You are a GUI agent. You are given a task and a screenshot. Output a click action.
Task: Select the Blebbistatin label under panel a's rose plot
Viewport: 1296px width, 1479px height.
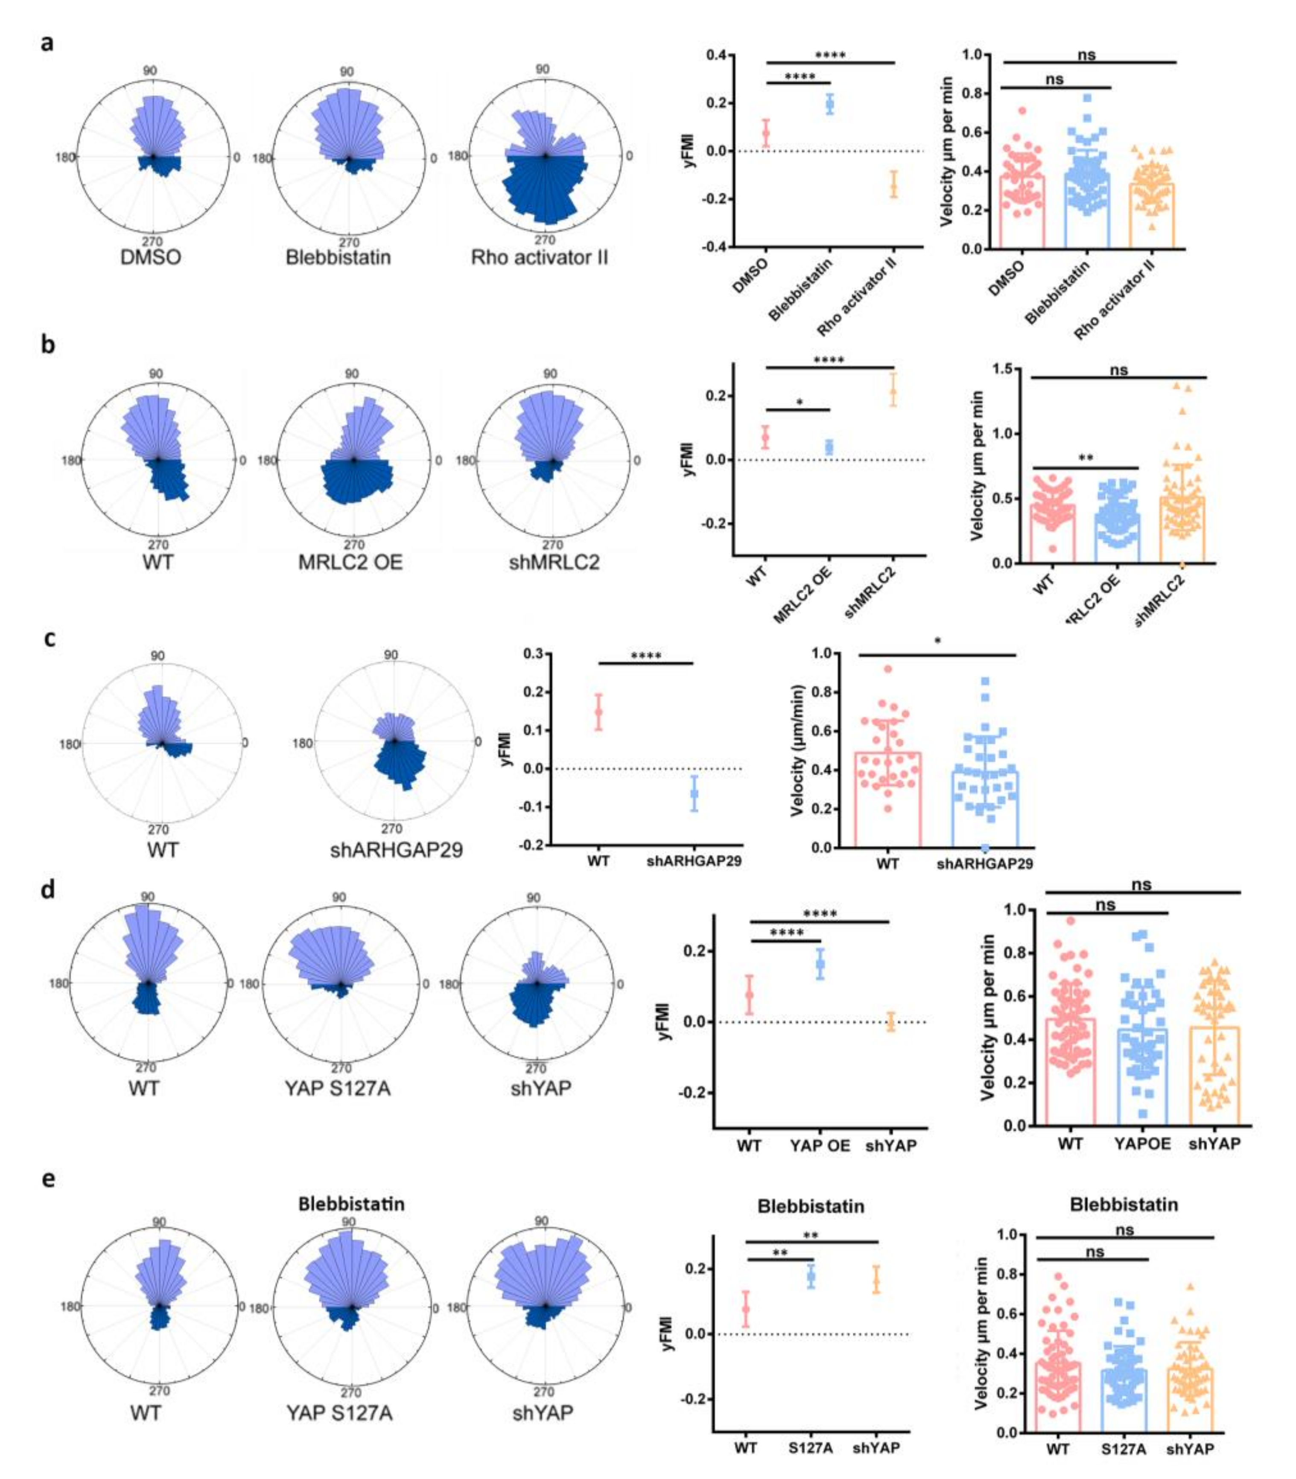[x=338, y=257]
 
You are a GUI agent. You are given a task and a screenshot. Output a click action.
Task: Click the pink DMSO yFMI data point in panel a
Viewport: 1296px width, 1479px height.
[x=766, y=133]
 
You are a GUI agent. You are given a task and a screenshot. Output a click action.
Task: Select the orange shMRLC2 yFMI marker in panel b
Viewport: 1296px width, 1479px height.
[x=893, y=394]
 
